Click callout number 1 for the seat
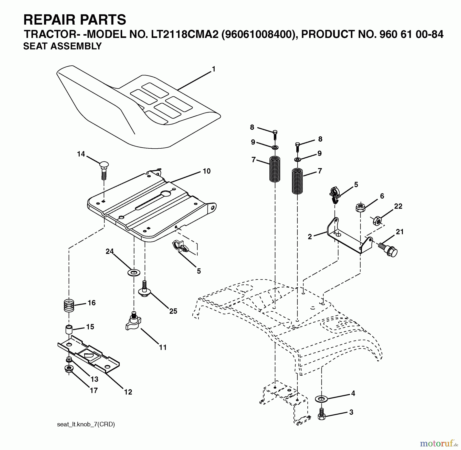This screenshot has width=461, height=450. click(214, 69)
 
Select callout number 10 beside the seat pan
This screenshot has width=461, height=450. click(206, 171)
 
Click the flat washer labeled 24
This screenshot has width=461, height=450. click(134, 272)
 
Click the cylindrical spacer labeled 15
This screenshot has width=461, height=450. click(69, 329)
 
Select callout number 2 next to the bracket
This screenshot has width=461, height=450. click(310, 237)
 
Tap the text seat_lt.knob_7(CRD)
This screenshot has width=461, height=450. click(86, 424)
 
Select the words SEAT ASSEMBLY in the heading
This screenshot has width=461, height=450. click(62, 46)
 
